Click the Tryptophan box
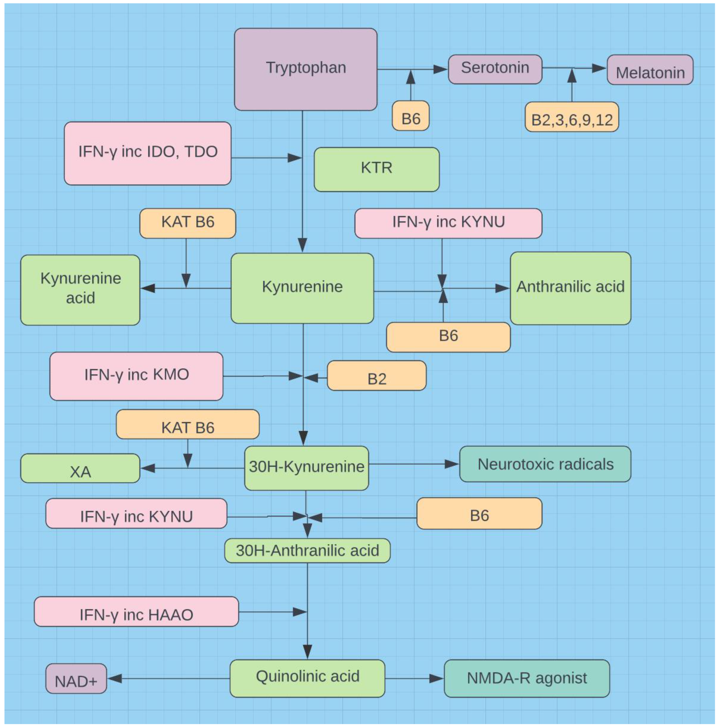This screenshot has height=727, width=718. (x=306, y=69)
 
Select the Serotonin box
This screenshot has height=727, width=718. (x=495, y=69)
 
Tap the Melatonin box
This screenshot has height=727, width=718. (x=650, y=70)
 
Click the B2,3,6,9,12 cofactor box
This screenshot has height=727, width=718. (x=572, y=117)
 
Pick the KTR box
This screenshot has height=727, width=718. (x=376, y=169)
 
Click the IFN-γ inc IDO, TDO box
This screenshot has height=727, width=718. (x=147, y=153)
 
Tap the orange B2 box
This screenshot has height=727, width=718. (x=376, y=375)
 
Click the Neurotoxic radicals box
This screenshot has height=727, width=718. (x=545, y=464)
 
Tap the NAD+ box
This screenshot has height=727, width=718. (x=76, y=678)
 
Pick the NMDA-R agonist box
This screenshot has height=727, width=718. (x=527, y=678)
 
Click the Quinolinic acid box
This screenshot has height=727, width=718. (x=307, y=678)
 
